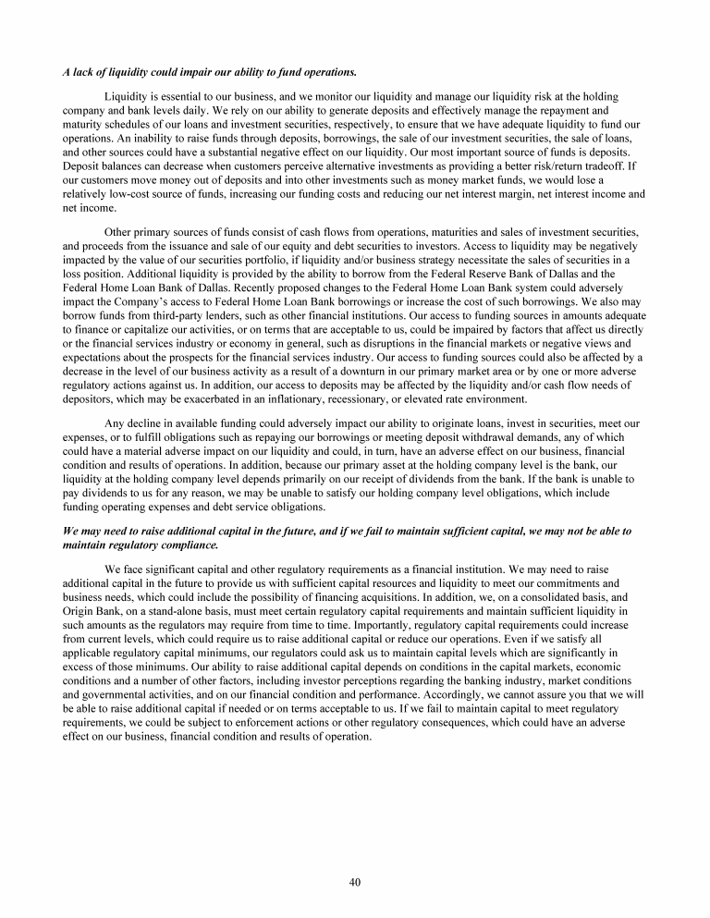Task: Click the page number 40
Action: [x=354, y=882]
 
